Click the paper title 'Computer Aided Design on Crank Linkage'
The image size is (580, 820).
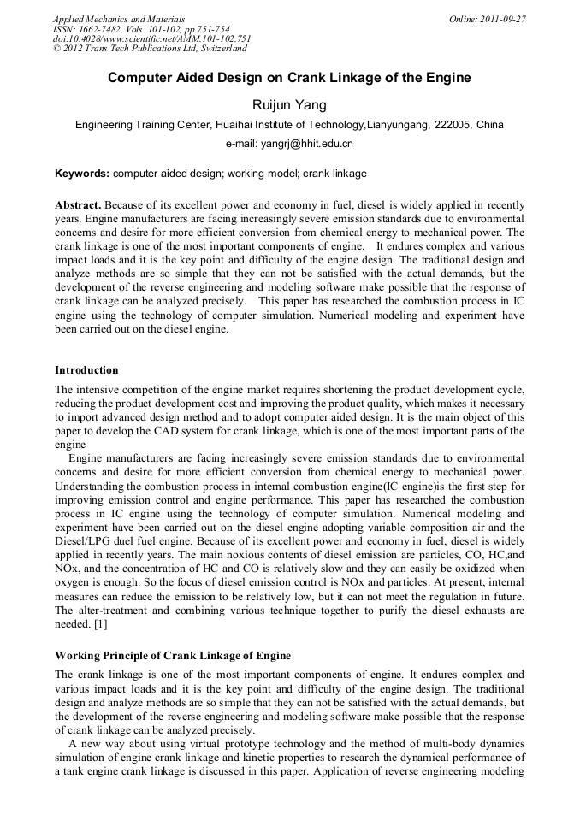tap(289, 78)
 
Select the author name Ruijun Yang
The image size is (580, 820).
tap(289, 104)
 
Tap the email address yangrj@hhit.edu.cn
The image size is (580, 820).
tap(289, 144)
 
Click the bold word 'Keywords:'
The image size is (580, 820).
tap(82, 174)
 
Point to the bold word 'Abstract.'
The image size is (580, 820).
tap(79, 206)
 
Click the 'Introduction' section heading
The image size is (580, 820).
tap(86, 370)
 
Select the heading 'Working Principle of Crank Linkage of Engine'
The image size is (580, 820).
tap(173, 656)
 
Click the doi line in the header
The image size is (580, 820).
tap(152, 38)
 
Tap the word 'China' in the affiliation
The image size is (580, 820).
tap(490, 125)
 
